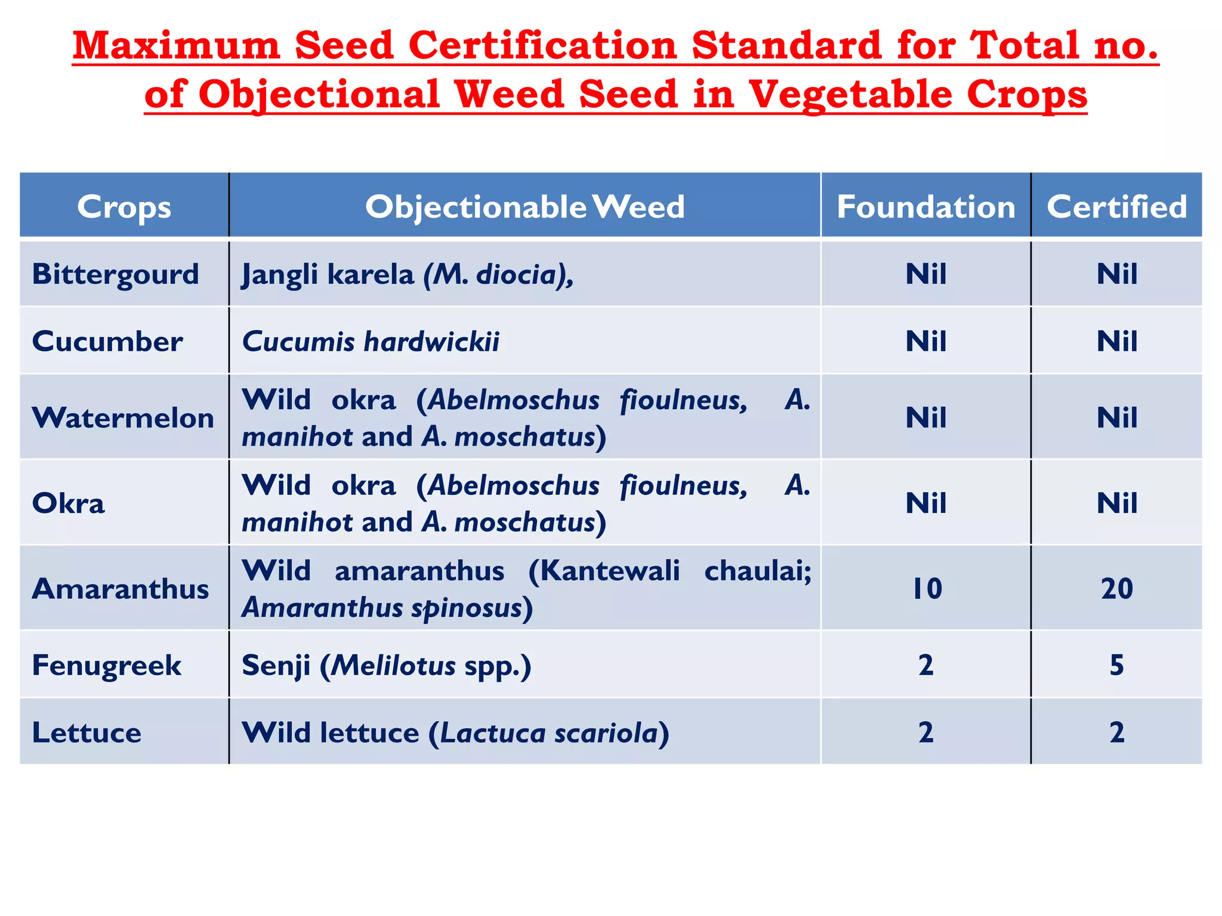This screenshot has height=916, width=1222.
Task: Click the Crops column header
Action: (x=124, y=207)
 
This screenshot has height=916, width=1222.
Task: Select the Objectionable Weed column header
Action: (x=524, y=207)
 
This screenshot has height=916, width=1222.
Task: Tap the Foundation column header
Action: (x=925, y=207)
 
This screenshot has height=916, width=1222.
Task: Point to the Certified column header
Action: (x=1116, y=207)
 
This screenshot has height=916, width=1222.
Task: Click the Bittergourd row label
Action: (x=115, y=274)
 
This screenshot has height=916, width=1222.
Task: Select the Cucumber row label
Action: (x=107, y=342)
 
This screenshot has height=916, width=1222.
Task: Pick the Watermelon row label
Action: (x=123, y=417)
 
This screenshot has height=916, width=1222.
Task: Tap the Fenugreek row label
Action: (x=106, y=665)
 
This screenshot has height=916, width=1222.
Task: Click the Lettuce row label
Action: (x=87, y=732)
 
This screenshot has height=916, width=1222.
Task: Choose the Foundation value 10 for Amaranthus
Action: (x=927, y=589)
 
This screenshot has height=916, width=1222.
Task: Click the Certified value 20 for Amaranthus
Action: (x=1116, y=589)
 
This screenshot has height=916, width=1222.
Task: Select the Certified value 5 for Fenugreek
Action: (x=1116, y=665)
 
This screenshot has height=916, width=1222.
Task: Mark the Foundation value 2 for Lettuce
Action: (x=925, y=732)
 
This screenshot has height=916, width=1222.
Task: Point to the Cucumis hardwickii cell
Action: (x=371, y=342)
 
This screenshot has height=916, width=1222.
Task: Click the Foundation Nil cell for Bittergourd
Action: (x=925, y=274)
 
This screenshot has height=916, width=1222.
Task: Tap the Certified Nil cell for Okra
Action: (x=1116, y=503)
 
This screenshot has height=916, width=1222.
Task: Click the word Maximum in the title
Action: (x=177, y=46)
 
